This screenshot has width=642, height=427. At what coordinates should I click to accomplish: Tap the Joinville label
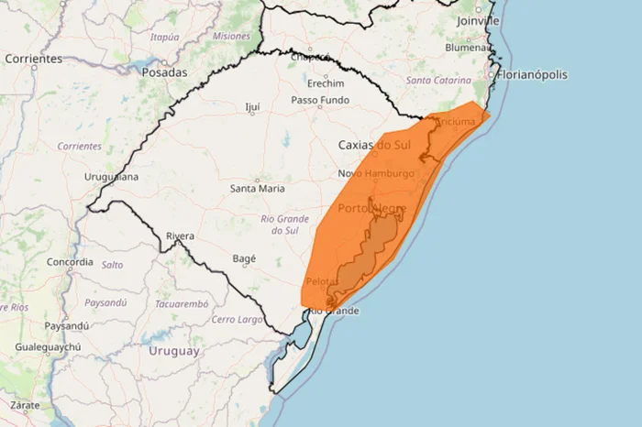click(479, 20)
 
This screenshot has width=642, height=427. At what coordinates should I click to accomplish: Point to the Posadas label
click(164, 71)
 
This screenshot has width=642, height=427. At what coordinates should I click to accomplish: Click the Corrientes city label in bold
click(33, 59)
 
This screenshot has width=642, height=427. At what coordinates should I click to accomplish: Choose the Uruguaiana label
click(111, 176)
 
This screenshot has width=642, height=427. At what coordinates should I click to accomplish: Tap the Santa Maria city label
click(257, 189)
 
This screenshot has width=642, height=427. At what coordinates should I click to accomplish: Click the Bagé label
click(244, 258)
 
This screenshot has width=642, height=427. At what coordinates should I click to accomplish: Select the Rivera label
click(180, 236)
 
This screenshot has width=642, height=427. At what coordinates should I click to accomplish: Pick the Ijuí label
click(253, 107)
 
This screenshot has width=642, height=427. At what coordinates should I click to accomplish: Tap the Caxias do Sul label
click(374, 145)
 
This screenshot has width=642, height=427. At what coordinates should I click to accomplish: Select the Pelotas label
click(323, 281)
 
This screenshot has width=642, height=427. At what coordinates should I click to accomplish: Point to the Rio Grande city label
click(334, 311)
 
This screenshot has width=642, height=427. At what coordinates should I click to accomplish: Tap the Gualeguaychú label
click(48, 347)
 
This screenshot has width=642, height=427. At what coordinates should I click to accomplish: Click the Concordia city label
click(70, 261)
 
